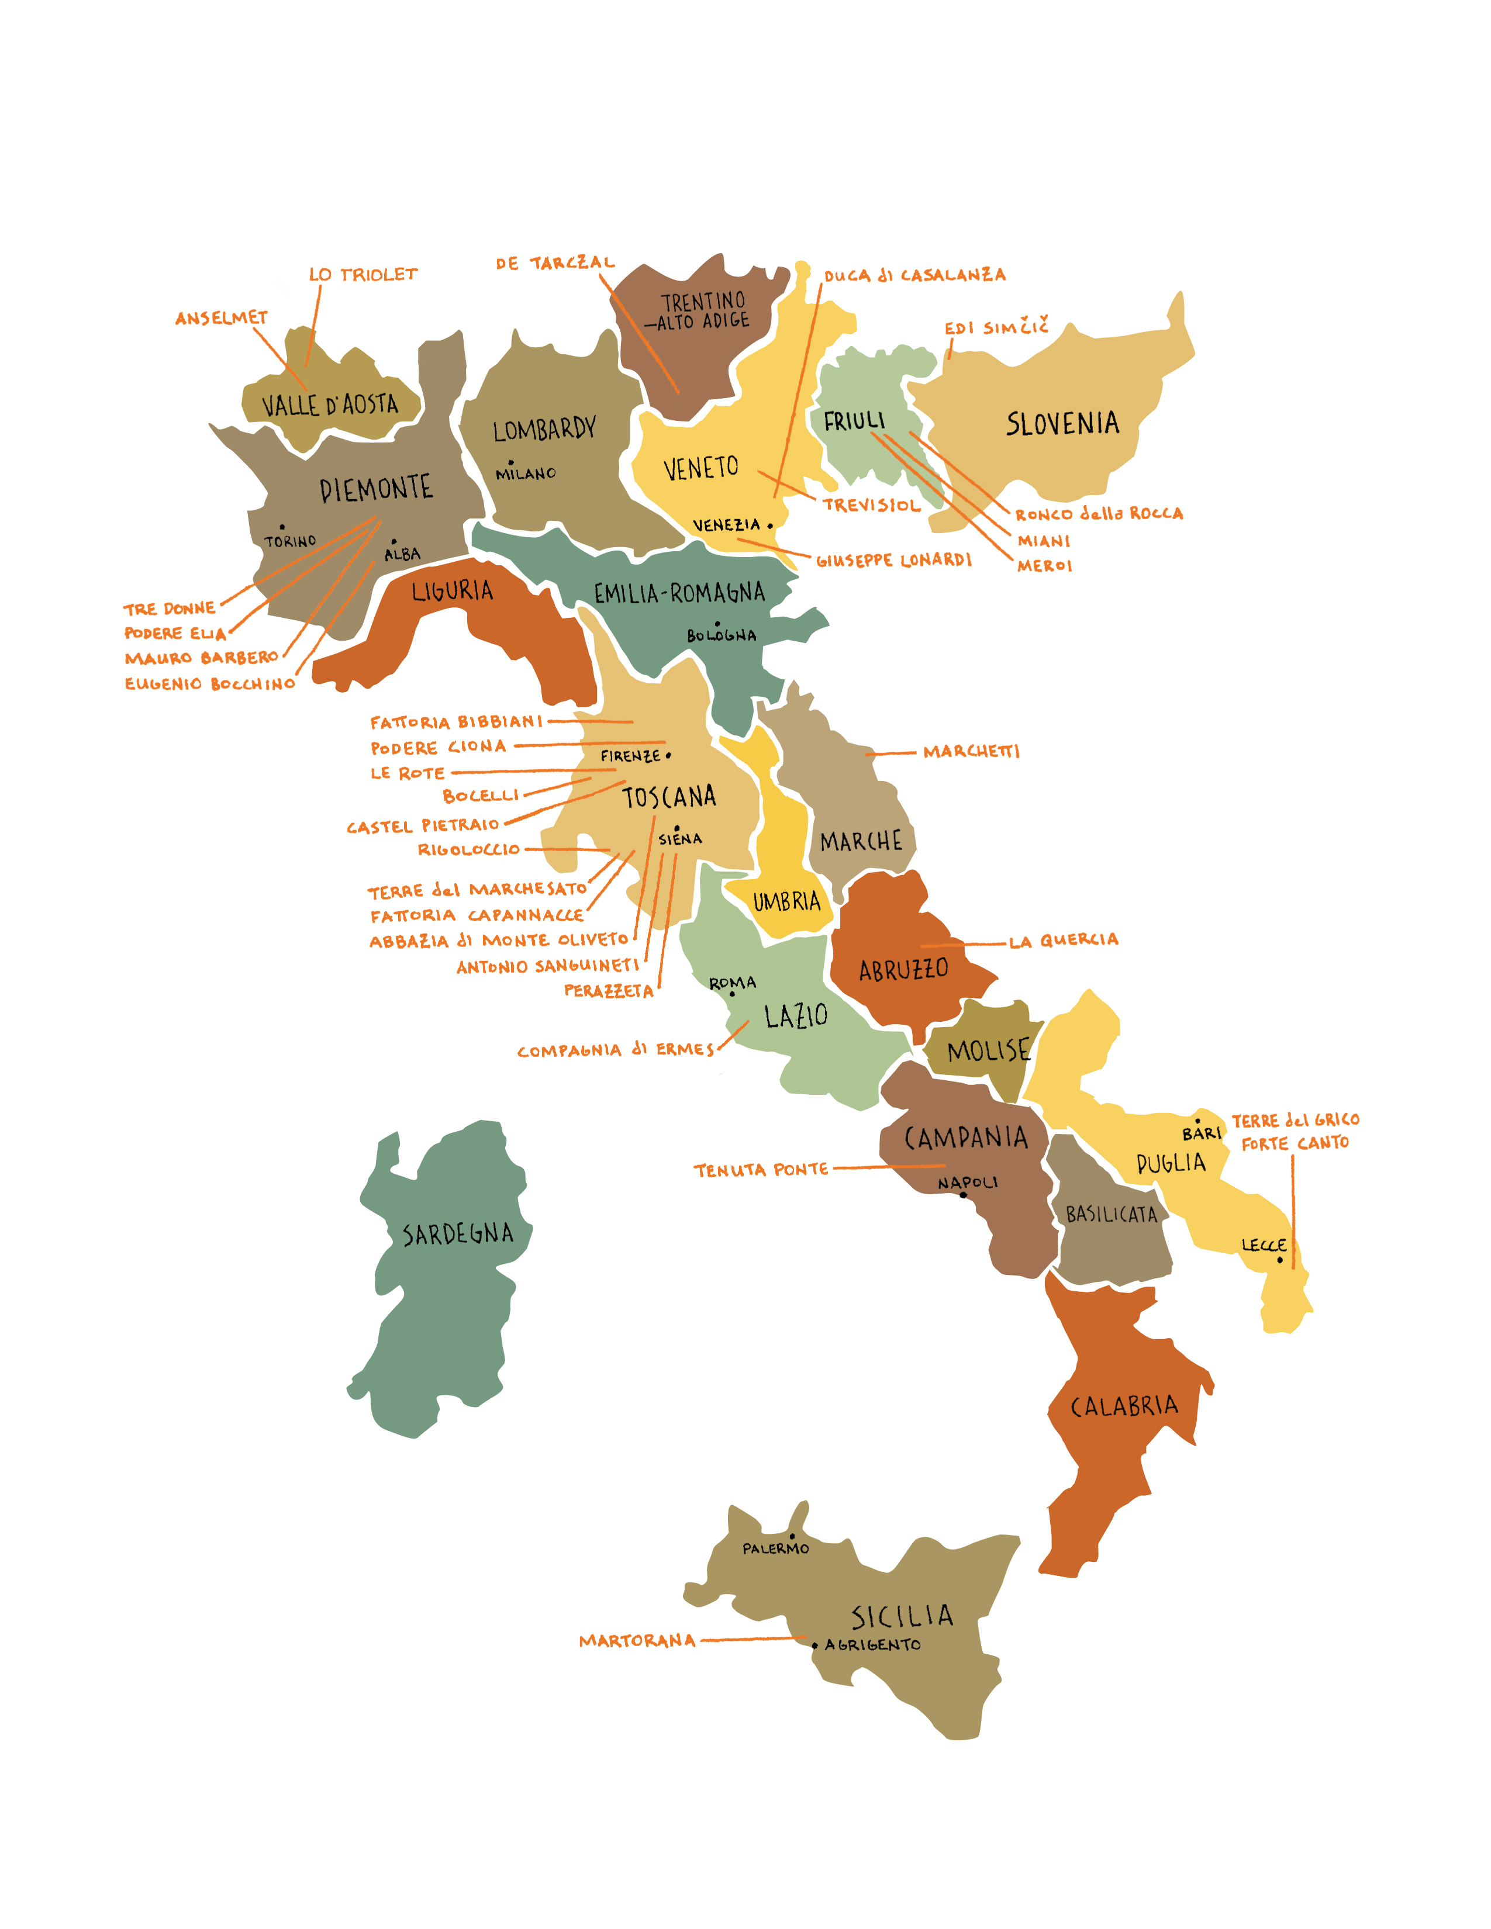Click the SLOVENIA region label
point(1062,424)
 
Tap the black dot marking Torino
point(282,527)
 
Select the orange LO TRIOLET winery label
point(363,275)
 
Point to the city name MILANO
point(526,473)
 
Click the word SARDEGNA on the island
point(458,1234)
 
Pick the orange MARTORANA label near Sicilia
point(637,1641)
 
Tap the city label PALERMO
point(775,1548)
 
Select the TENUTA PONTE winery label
point(761,1170)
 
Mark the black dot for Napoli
point(964,1195)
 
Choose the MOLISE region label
point(988,1051)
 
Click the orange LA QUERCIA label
point(1064,941)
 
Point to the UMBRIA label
point(786,902)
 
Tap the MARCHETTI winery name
point(971,752)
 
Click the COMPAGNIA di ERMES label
point(616,1050)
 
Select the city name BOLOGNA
point(722,635)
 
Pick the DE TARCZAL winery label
point(555,263)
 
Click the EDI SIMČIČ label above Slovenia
point(996,328)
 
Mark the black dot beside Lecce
point(1280,1260)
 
